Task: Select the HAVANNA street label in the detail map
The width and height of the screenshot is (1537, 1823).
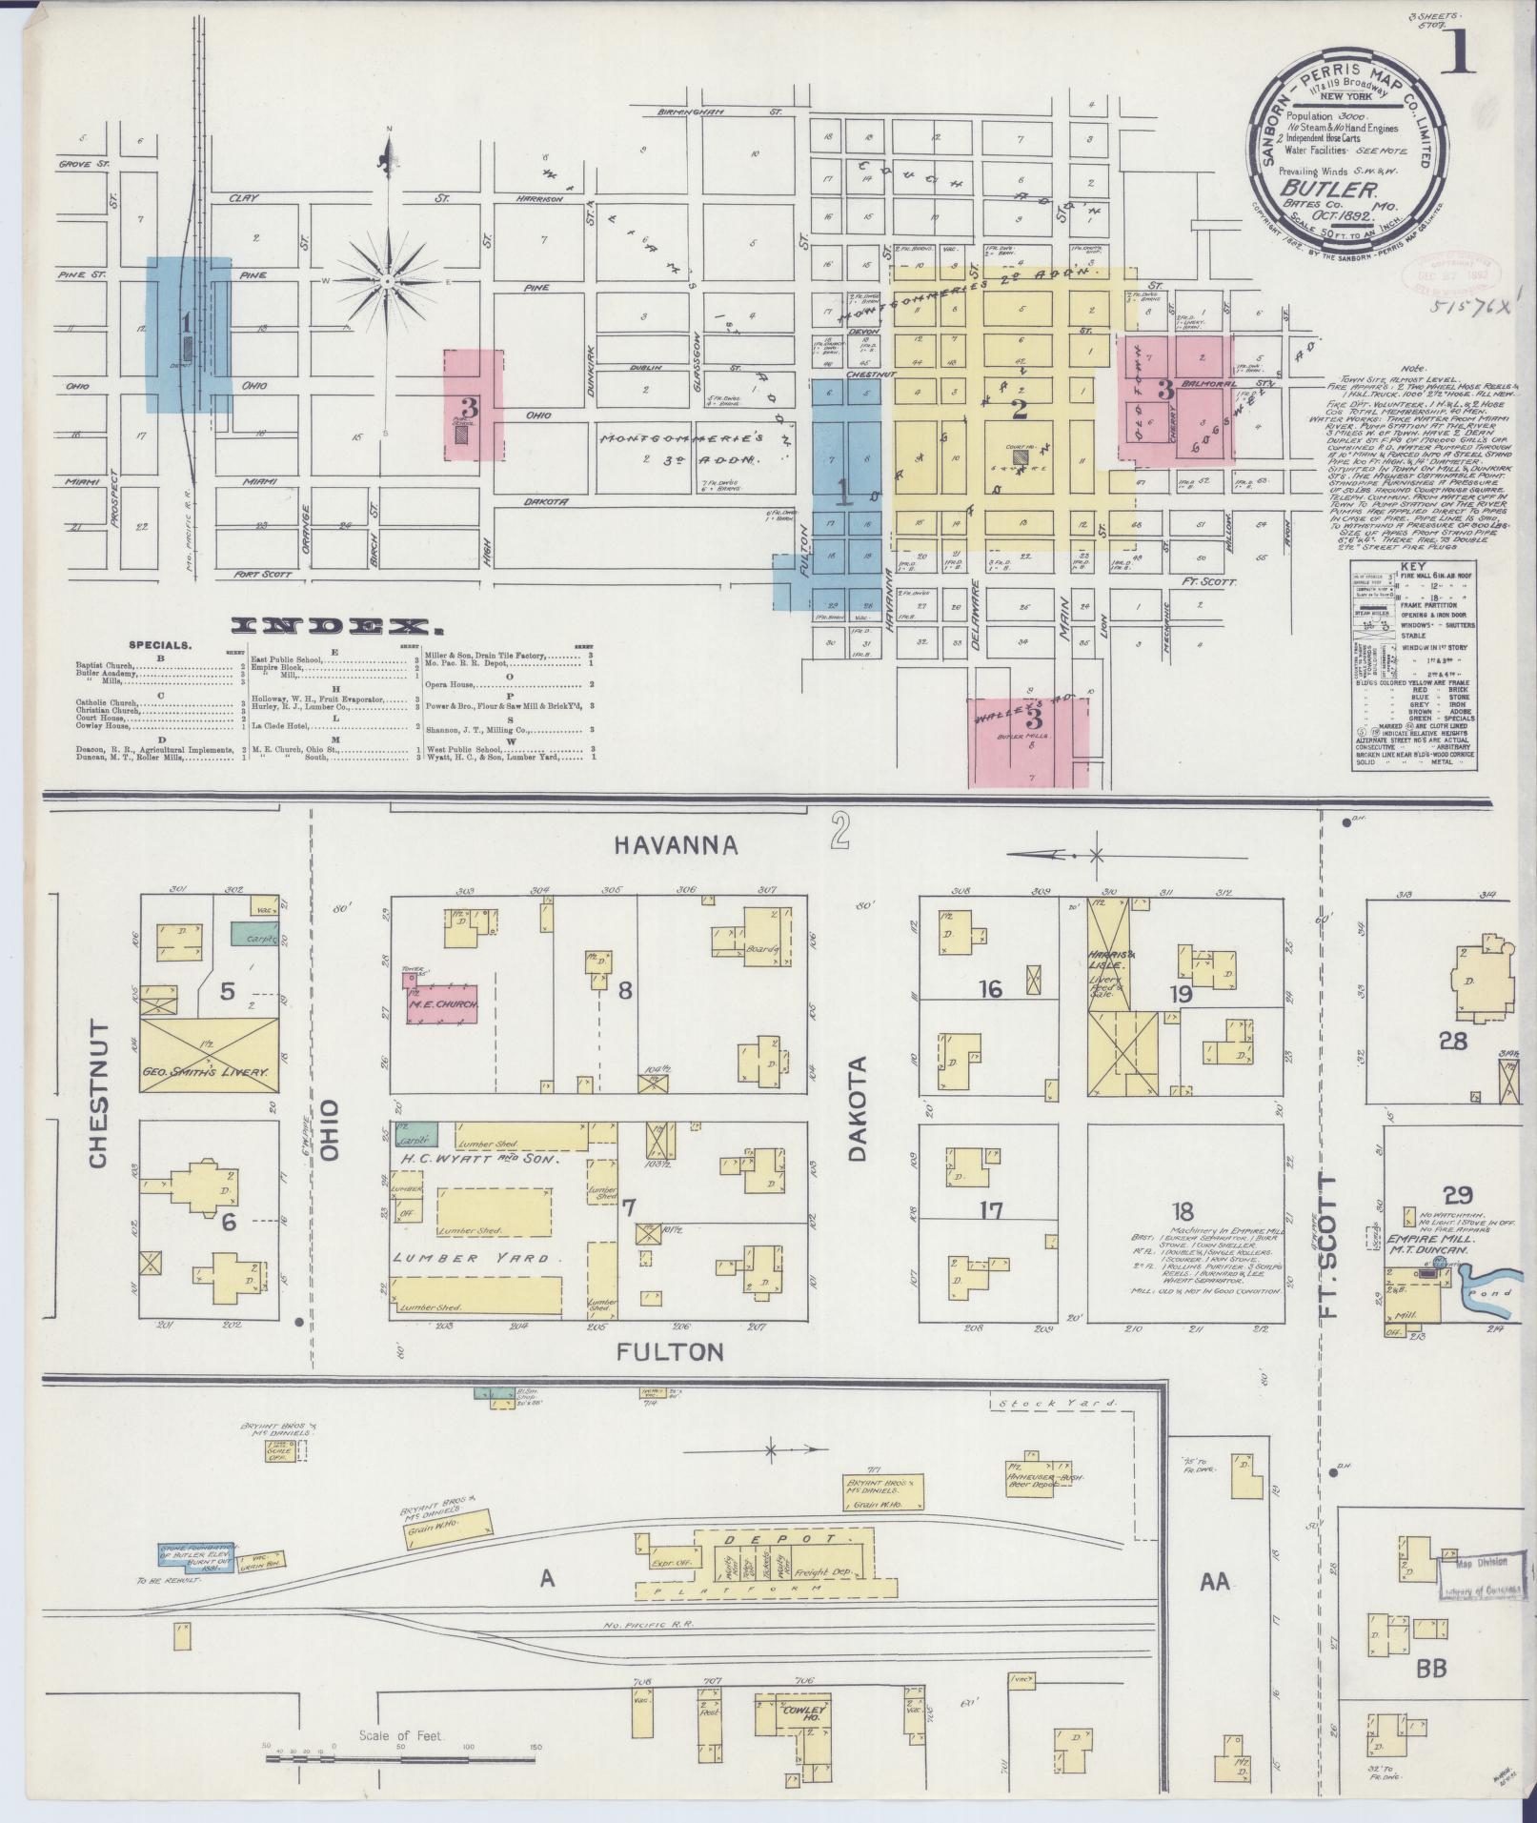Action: coord(677,844)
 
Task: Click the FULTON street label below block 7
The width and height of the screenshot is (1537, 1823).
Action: coord(670,1351)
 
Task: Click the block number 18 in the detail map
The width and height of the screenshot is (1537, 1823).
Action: coord(1183,1212)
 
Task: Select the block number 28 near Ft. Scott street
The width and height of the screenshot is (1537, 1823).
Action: coord(1453,1041)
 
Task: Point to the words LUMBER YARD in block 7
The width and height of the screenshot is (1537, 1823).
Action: coord(472,1258)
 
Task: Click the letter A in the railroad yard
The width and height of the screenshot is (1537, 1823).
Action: coord(547,1579)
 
